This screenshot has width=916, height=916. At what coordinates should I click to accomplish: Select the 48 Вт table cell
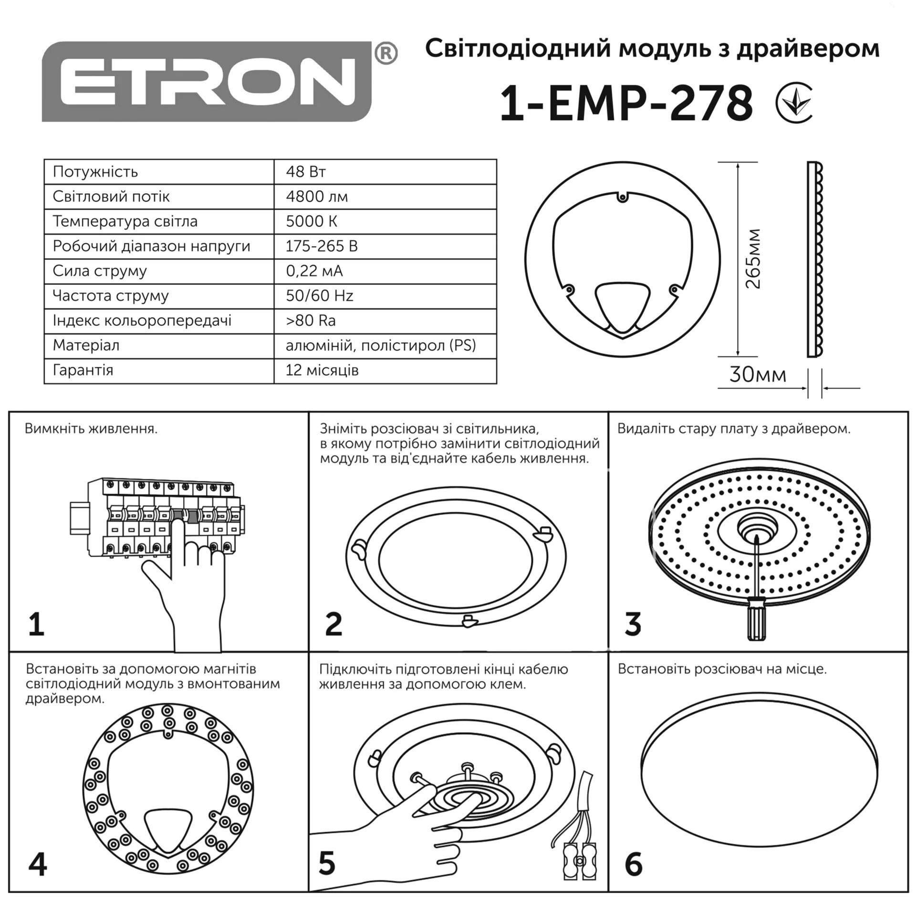[385, 172]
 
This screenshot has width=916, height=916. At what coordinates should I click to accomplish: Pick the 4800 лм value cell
[385, 197]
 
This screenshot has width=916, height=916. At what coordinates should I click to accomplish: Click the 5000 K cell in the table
[385, 221]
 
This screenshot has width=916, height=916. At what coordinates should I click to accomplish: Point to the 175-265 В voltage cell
[385, 246]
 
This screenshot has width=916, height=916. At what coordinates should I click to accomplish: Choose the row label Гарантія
[83, 370]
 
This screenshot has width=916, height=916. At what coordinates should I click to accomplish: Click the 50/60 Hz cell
[385, 296]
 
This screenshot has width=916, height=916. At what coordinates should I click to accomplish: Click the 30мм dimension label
[758, 375]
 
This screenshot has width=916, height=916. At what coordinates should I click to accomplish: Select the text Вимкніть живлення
[91, 428]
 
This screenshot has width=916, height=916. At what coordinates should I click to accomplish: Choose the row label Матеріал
[86, 345]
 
